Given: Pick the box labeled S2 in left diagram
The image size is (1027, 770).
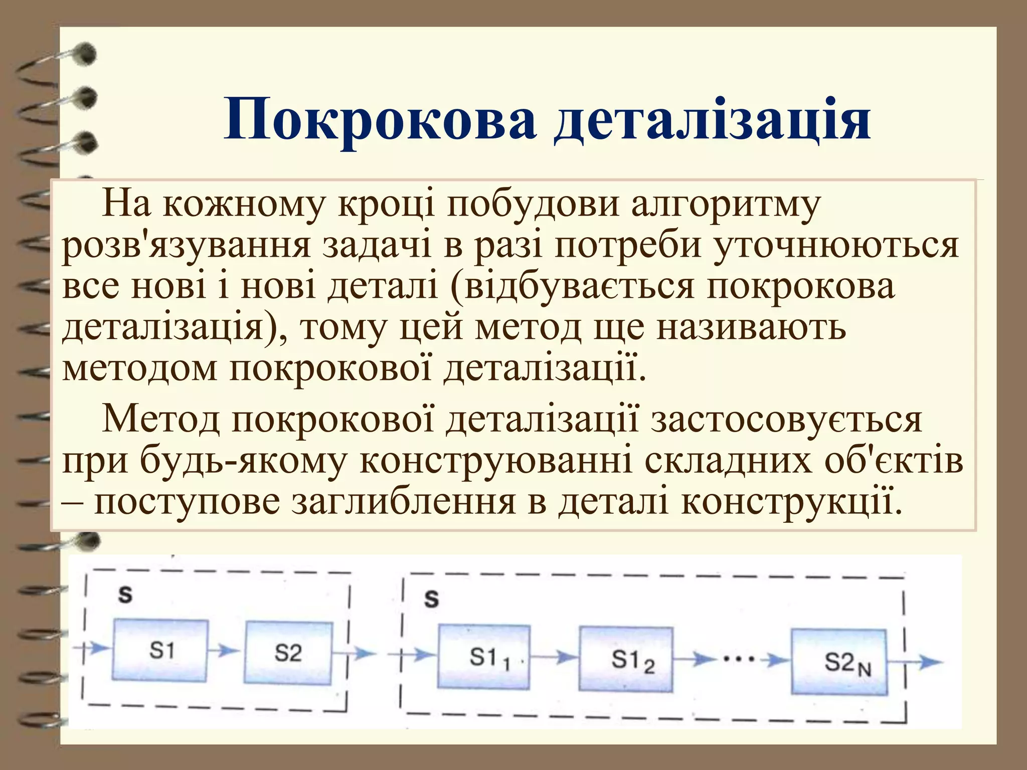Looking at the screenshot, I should (288, 653).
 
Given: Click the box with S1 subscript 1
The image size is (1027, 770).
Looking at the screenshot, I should (484, 657).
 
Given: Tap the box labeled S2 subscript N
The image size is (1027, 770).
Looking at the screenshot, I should (839, 662).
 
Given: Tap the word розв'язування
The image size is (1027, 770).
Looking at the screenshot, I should (186, 247).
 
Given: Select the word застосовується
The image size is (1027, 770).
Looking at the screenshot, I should (786, 419).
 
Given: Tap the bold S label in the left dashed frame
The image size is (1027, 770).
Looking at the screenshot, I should (125, 595).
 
